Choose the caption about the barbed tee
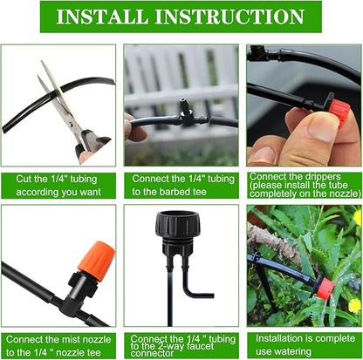pyautogui.click(x=181, y=184)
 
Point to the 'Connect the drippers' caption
pyautogui.click(x=303, y=184)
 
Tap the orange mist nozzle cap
pyautogui.click(x=95, y=258)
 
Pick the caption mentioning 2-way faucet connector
pyautogui.click(x=181, y=343)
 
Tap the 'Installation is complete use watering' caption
pyautogui.click(x=303, y=343)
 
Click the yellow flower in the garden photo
pyautogui.click(x=354, y=305)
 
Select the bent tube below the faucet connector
pyautogui.click(x=193, y=288)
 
